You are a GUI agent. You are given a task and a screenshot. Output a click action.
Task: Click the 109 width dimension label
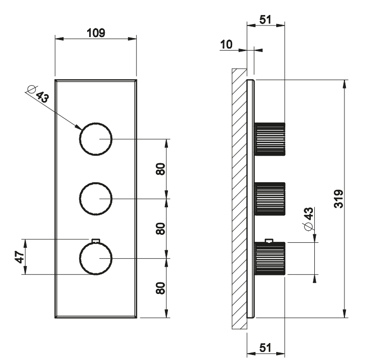point(96,33)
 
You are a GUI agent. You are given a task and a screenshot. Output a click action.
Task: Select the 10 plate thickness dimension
point(226,45)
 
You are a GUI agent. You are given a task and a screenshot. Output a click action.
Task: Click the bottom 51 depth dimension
point(266,347)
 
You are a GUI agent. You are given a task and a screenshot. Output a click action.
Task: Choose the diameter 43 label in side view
point(309,219)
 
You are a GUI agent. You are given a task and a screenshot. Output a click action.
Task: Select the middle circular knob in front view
point(95,199)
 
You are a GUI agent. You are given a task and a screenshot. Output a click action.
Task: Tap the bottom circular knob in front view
point(95,258)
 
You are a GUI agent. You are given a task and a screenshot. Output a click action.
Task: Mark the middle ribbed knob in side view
point(270,199)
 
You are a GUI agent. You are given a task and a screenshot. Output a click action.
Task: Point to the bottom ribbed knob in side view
point(270,258)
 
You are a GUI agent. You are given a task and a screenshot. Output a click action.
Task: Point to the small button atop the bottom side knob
point(269,241)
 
